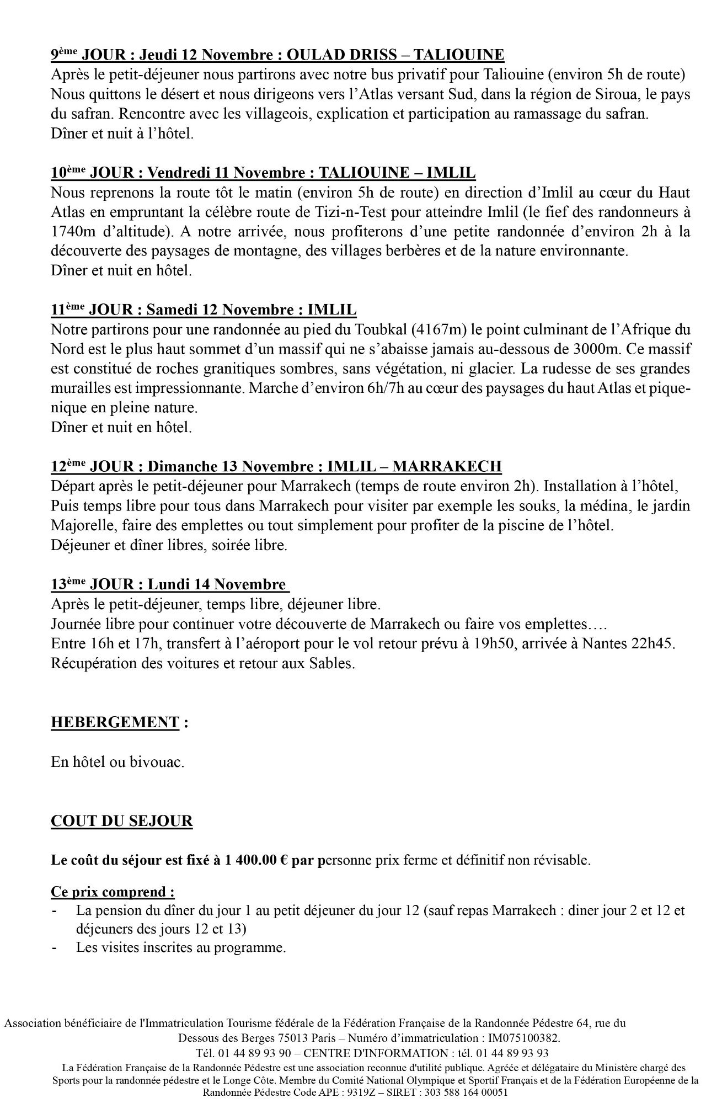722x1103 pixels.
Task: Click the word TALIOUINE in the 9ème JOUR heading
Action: coord(458,55)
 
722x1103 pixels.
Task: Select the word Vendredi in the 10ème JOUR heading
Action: coord(177,173)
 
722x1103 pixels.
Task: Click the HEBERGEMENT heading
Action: coord(115,722)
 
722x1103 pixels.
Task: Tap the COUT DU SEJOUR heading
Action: coord(122,821)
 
